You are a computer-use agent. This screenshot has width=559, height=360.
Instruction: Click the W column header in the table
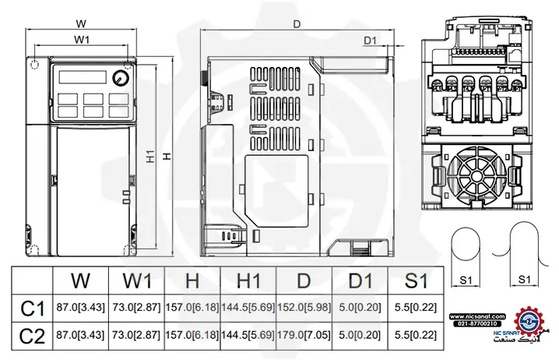[80, 280]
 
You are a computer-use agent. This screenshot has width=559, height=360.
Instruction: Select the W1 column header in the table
[137, 280]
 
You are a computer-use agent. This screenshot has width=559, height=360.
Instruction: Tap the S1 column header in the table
[415, 280]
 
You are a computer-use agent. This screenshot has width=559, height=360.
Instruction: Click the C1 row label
[32, 309]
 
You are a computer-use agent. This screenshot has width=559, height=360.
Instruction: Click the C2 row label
[32, 336]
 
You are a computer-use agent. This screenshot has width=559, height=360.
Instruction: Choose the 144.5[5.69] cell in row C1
[248, 309]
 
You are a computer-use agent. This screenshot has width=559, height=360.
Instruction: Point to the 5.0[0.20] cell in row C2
[360, 336]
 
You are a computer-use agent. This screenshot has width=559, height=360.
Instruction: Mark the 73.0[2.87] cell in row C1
[136, 309]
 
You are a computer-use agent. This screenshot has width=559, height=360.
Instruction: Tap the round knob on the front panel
[120, 79]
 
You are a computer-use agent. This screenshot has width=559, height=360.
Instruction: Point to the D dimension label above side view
[297, 24]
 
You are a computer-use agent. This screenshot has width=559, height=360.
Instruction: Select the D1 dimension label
[370, 41]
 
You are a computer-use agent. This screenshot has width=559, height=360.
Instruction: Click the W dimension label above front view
[81, 23]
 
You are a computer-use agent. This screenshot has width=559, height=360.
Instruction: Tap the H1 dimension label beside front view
[151, 157]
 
